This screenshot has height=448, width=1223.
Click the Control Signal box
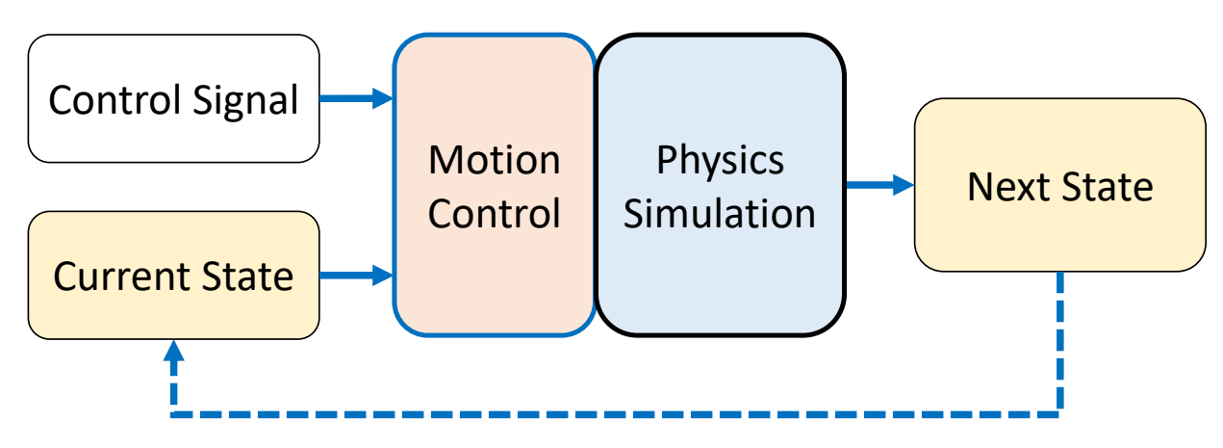tap(173, 98)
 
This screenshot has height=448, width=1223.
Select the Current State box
tap(173, 276)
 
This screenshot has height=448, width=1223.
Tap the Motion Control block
tap(494, 185)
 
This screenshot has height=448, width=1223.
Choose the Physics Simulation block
tap(721, 185)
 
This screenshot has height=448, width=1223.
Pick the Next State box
tap(1059, 185)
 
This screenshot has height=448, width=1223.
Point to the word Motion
tap(494, 160)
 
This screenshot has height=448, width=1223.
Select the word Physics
tap(720, 160)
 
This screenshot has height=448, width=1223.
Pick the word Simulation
tap(720, 212)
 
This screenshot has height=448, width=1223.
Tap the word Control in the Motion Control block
tap(494, 212)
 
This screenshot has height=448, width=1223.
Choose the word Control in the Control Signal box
tap(108, 99)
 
